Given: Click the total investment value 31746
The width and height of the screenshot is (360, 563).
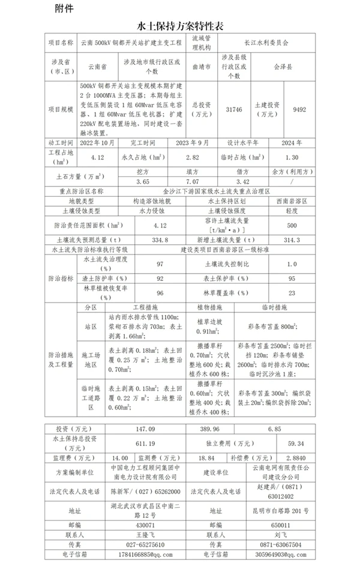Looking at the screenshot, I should click(233, 110).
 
